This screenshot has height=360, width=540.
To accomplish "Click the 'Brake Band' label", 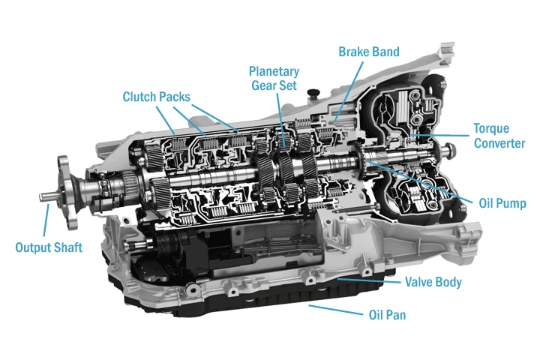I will coord(369,52).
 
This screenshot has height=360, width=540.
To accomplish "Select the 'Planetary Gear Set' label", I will coord(274,79).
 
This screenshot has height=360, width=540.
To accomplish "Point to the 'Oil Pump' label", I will coord(502,203).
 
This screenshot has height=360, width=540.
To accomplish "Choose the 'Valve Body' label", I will coord(433,283).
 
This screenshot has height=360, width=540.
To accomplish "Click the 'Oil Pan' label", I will coord(387,315).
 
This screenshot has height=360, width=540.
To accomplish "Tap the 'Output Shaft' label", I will coord(49,247).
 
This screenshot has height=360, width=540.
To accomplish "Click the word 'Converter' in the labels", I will coord(499,143).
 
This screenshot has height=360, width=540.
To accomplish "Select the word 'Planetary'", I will coord(274,71).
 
